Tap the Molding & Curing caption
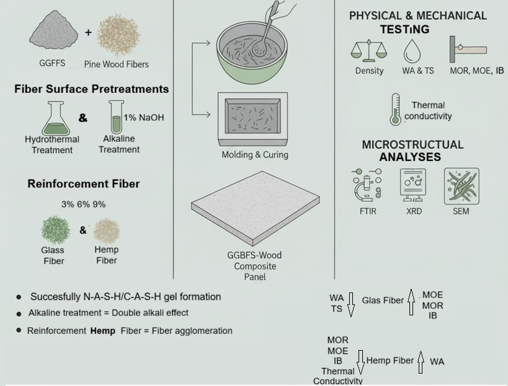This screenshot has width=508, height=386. (255, 155)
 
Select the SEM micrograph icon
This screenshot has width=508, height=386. (461, 185)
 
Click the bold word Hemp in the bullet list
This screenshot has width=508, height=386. (102, 331)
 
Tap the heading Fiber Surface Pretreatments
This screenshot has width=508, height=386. (91, 89)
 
